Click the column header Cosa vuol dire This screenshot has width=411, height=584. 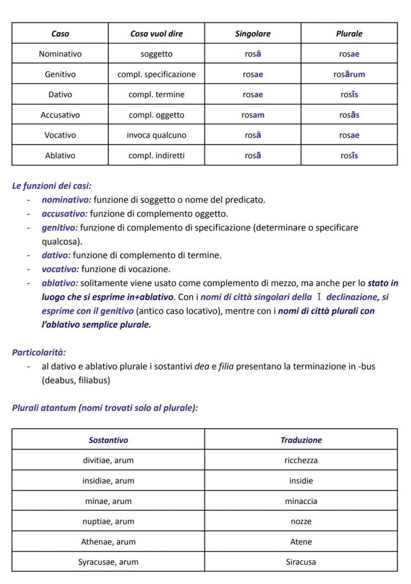(156, 34)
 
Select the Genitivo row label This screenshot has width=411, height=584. (60, 75)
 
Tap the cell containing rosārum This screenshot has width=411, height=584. (349, 75)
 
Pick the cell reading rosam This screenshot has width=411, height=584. (253, 115)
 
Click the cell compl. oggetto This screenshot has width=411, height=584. (156, 115)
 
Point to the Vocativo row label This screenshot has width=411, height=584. (60, 135)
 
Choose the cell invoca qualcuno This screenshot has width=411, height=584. (156, 135)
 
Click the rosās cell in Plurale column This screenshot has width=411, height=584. (349, 115)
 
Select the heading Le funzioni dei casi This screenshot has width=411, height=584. (52, 186)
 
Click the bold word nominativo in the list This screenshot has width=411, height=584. (67, 200)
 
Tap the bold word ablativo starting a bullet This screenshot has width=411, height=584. (60, 283)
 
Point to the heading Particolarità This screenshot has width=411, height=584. (39, 352)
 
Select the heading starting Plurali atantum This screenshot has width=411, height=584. (105, 408)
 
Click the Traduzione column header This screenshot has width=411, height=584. (301, 440)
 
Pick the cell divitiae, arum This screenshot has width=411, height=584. (108, 461)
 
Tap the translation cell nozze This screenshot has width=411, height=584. (301, 522)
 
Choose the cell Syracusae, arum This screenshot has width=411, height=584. (108, 563)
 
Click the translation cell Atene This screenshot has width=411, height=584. (301, 542)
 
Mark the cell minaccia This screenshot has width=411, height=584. (301, 501)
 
